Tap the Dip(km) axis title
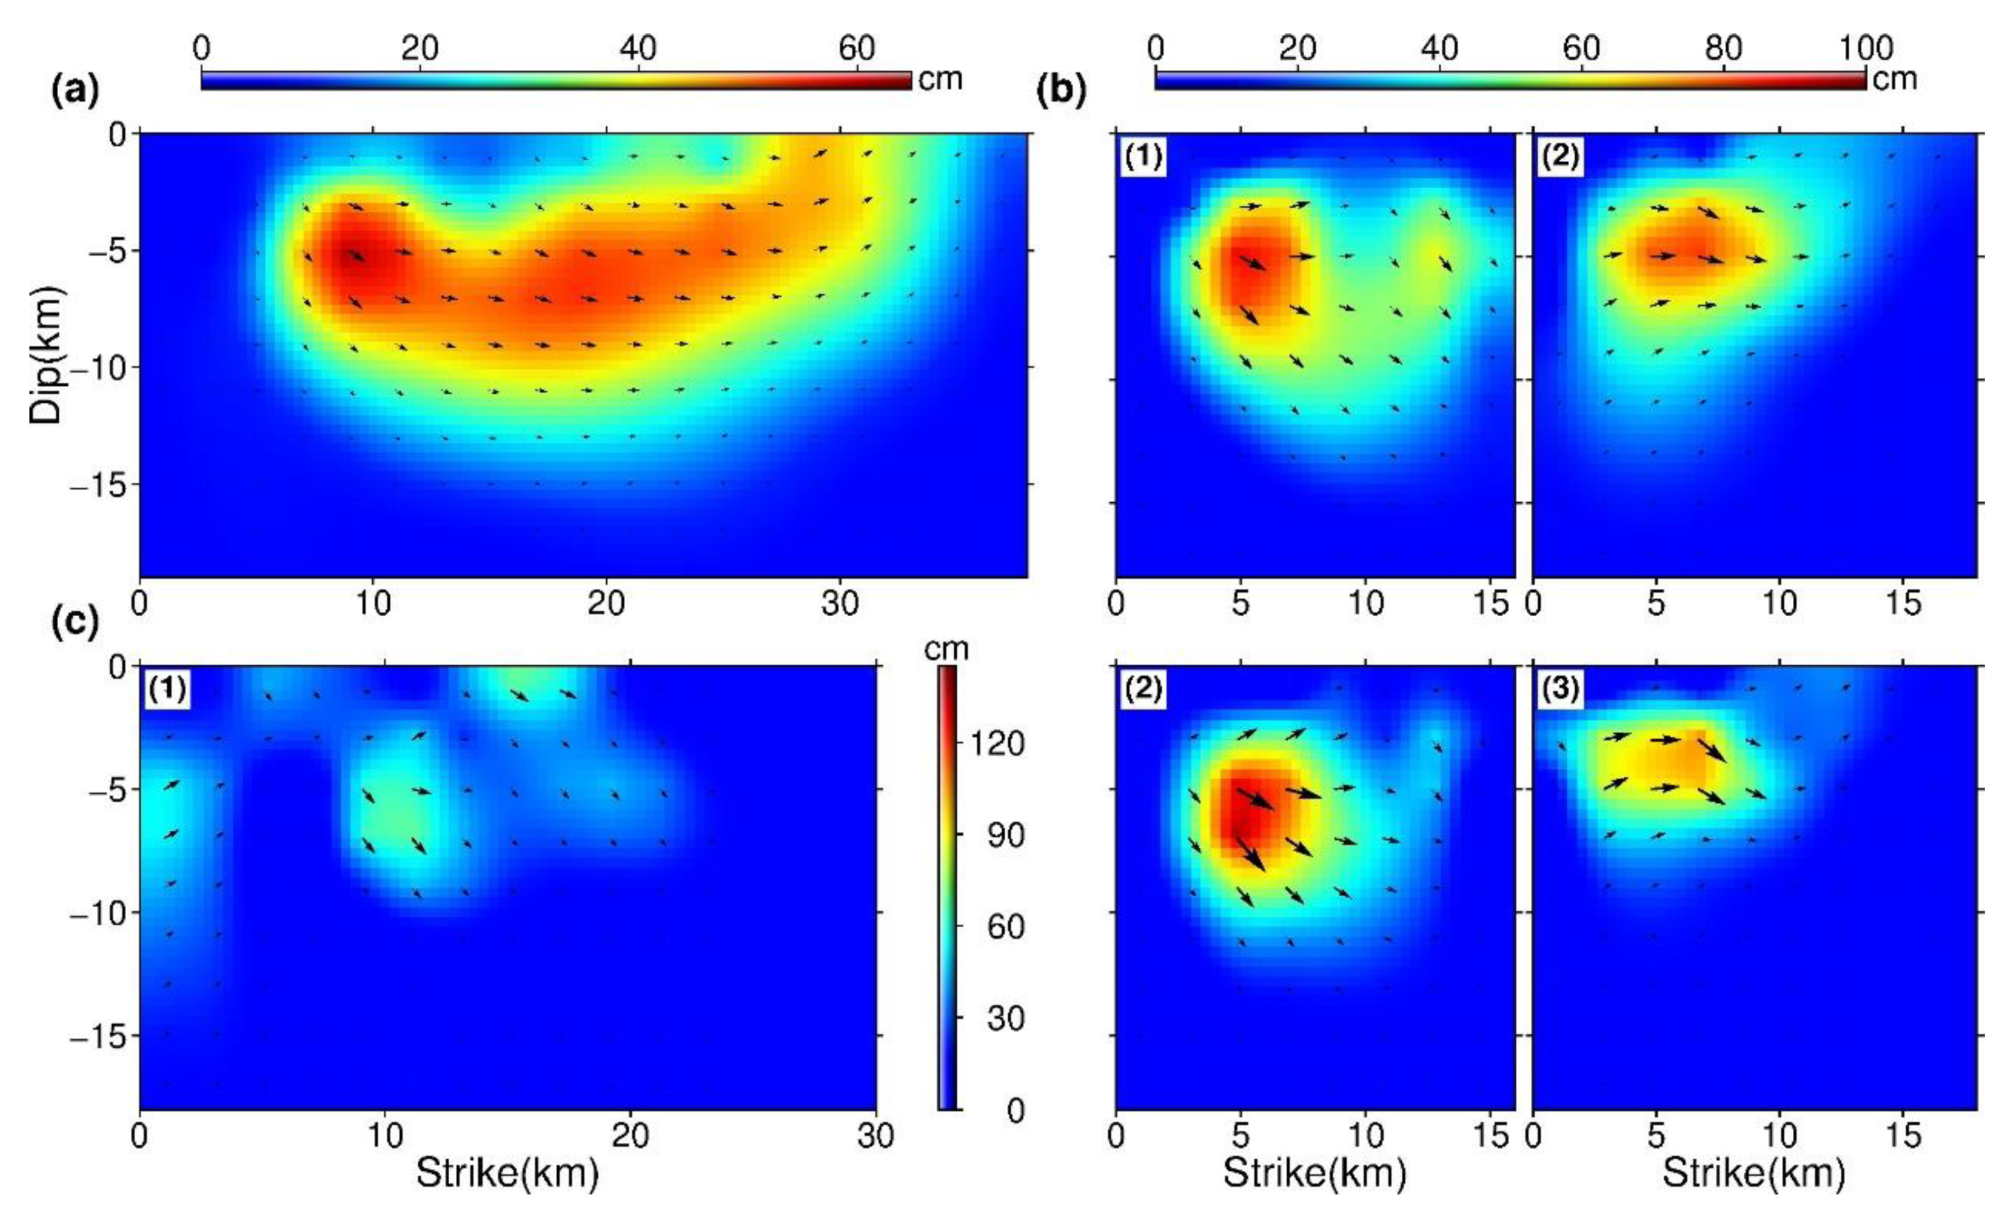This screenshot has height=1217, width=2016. [45, 354]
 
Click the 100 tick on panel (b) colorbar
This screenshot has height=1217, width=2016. [1865, 49]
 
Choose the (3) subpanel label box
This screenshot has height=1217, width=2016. [1559, 689]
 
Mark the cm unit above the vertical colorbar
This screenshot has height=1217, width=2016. [946, 649]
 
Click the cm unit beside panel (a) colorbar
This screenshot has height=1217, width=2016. [940, 79]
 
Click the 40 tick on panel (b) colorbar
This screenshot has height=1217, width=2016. [1439, 49]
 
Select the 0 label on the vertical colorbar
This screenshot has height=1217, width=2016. [1014, 1110]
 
